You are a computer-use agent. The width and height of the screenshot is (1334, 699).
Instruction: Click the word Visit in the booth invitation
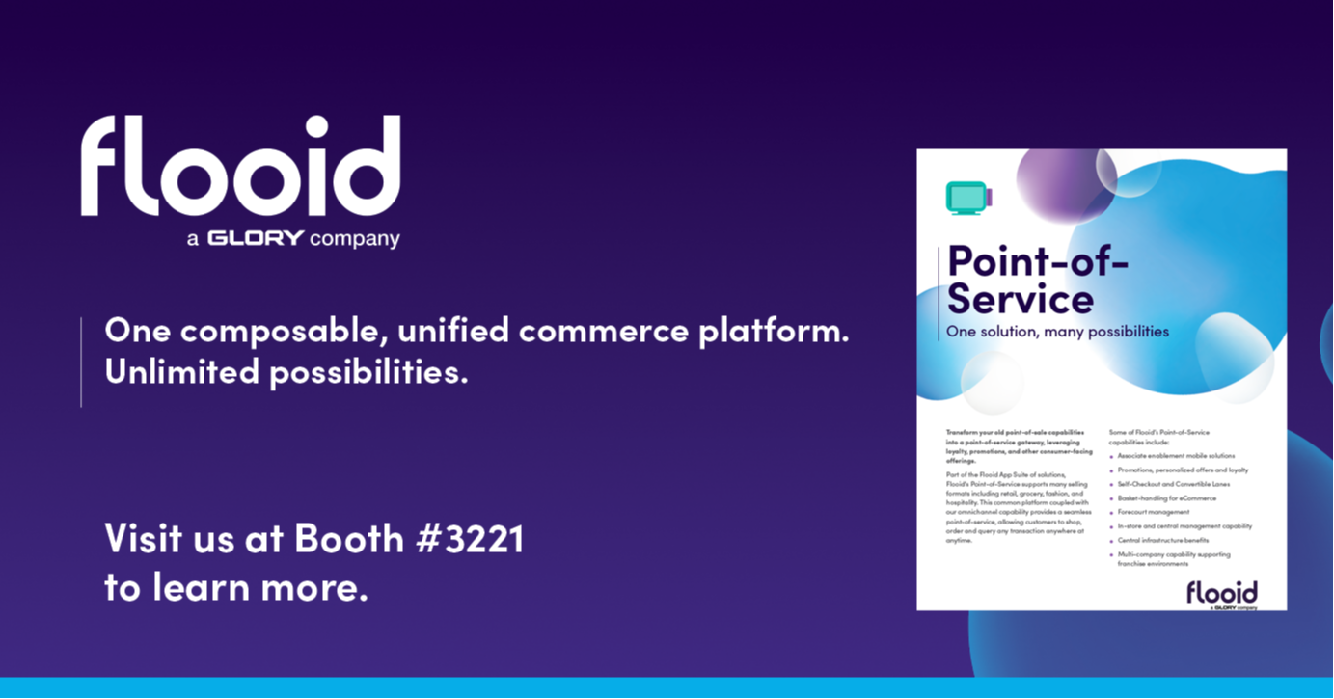(143, 540)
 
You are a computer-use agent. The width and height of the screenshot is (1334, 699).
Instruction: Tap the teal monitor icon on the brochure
(967, 198)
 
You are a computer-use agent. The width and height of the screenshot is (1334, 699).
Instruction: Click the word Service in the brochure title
(1021, 299)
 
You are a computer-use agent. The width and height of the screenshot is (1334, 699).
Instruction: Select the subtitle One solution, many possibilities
(1057, 332)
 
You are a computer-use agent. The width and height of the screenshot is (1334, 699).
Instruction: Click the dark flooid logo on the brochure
(1221, 592)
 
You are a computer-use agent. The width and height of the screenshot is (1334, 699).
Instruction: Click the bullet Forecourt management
(1154, 512)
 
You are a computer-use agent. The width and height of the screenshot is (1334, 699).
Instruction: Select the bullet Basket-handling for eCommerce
(1166, 498)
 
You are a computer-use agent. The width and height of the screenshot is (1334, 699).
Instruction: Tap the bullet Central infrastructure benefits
(1162, 540)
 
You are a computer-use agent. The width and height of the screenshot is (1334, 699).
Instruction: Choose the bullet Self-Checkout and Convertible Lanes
(1174, 484)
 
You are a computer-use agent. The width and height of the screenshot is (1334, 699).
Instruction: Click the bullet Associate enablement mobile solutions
(1176, 455)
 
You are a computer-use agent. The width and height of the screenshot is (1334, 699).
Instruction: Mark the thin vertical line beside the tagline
(81, 362)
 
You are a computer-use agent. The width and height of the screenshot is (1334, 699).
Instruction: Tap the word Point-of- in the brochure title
(1037, 261)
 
